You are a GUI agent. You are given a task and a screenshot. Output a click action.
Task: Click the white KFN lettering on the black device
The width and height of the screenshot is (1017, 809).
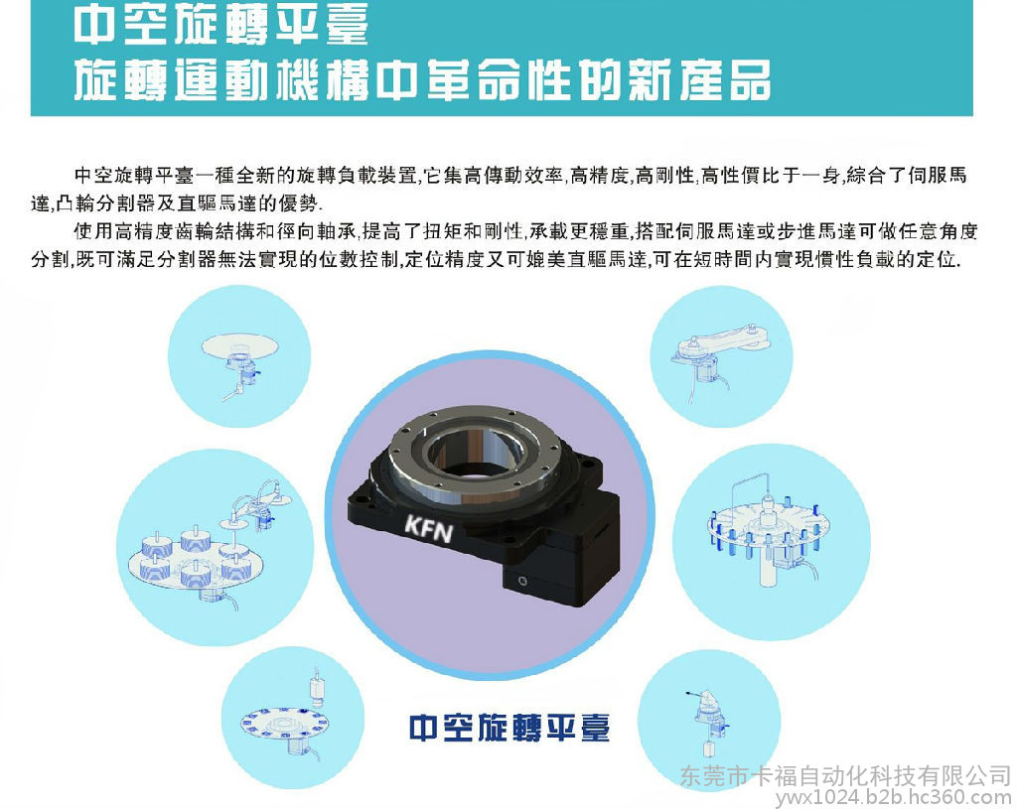coord(429,528)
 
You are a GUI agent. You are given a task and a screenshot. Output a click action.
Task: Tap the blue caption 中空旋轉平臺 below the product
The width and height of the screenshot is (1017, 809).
coord(509,728)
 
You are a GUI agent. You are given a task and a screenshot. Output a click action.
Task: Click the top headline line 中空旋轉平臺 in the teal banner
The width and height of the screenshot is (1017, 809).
coord(221,24)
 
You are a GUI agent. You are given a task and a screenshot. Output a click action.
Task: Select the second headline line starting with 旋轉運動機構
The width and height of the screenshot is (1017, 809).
coord(422,80)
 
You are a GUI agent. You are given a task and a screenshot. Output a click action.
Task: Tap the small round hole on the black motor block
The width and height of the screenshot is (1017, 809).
coord(522,580)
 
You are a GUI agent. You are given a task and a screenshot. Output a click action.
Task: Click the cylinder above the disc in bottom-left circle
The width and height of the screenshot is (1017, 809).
coord(318,687)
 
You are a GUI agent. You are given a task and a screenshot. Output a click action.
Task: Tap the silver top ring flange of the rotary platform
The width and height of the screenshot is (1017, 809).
coord(473,448)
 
